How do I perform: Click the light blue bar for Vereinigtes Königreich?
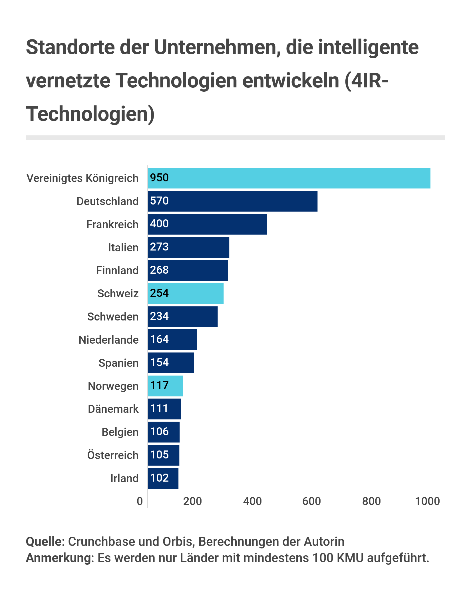[x=289, y=178]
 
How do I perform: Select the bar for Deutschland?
[x=233, y=201]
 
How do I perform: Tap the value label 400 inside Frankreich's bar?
[x=159, y=224]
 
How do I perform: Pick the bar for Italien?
[x=188, y=247]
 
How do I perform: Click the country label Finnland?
[x=117, y=271]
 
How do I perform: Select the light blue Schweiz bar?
[x=186, y=294]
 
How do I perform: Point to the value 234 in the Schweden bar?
[x=159, y=316]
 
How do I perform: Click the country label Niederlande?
[x=108, y=340]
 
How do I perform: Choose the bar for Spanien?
[x=171, y=363]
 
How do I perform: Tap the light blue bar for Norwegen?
[x=165, y=386]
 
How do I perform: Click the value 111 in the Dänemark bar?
[x=159, y=408]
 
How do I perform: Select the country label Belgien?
[x=120, y=432]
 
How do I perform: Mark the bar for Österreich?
[x=164, y=455]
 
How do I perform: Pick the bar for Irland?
[x=163, y=478]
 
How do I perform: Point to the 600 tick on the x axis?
[x=312, y=501]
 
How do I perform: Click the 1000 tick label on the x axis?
[x=427, y=501]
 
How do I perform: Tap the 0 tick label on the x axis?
[x=140, y=501]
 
